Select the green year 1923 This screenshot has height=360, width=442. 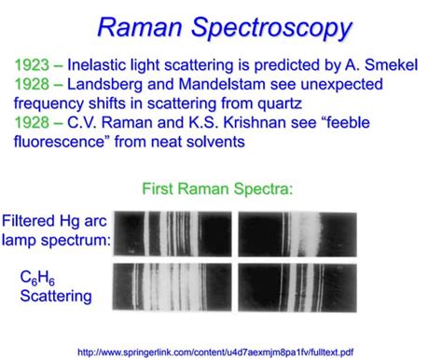tap(35, 67)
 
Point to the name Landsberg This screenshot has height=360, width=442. tap(115, 85)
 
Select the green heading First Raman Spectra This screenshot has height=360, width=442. tap(218, 189)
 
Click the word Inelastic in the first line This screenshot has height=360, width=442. tap(103, 67)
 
